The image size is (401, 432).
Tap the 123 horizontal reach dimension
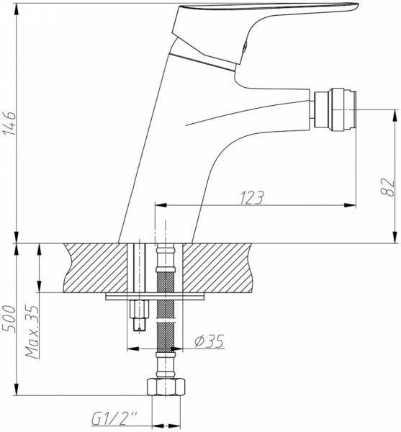pyautogui.click(x=251, y=196)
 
